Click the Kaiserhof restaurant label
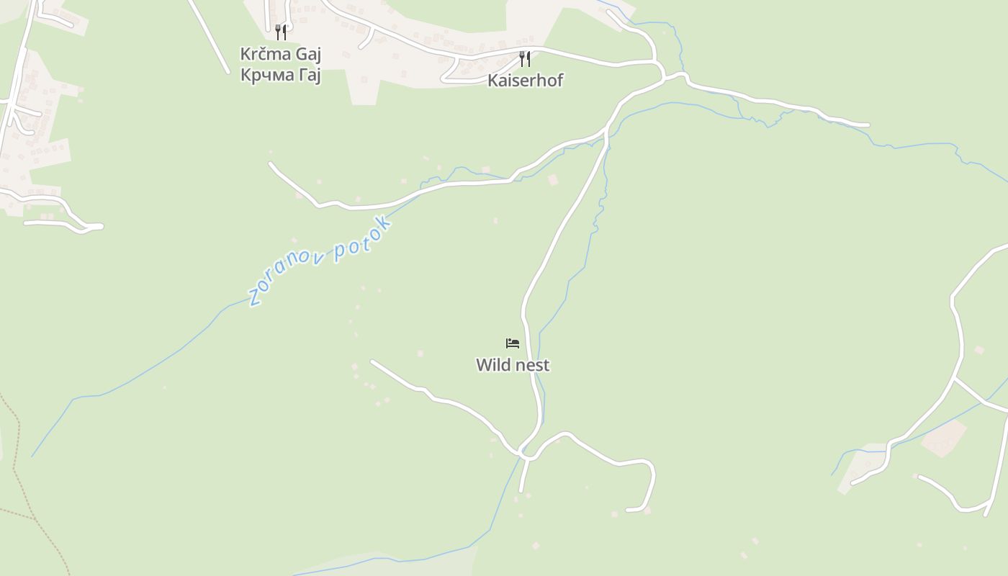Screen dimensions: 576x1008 pyautogui.click(x=525, y=80)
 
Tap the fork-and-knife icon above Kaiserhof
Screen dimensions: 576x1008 pyautogui.click(x=525, y=59)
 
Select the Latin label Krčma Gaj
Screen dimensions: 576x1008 pyautogui.click(x=280, y=54)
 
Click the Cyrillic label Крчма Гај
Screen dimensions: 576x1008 pyautogui.click(x=280, y=74)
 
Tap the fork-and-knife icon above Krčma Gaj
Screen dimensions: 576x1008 pyautogui.click(x=281, y=32)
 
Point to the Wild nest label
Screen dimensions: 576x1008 pyautogui.click(x=513, y=365)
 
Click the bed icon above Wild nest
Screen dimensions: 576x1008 pyautogui.click(x=513, y=343)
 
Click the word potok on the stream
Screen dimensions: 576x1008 pyautogui.click(x=364, y=238)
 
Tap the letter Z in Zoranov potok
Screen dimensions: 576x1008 pyautogui.click(x=253, y=297)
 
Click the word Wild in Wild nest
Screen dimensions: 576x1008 pyautogui.click(x=491, y=365)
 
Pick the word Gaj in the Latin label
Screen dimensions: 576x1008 pyautogui.click(x=305, y=54)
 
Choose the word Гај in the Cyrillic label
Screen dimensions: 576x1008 pyautogui.click(x=307, y=74)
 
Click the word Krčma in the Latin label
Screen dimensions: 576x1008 pyautogui.click(x=264, y=54)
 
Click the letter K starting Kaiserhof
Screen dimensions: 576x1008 pyautogui.click(x=492, y=80)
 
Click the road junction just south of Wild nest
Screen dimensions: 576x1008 pyautogui.click(x=526, y=455)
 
